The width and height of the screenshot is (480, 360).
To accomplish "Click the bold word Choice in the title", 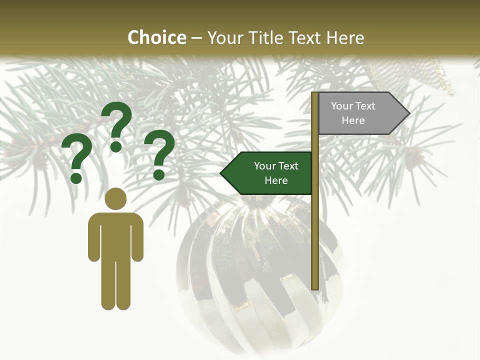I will tap(156, 37).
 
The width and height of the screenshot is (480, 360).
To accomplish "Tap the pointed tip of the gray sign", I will tap(408, 113).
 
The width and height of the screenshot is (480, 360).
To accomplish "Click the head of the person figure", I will tap(116, 198).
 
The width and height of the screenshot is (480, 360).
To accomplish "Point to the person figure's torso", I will tap(116, 235).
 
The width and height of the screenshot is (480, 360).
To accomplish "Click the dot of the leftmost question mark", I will tap(76, 178).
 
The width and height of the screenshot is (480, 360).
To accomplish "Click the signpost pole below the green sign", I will tap(315, 240).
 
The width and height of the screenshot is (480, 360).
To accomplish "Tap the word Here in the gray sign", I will tap(353, 120).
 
